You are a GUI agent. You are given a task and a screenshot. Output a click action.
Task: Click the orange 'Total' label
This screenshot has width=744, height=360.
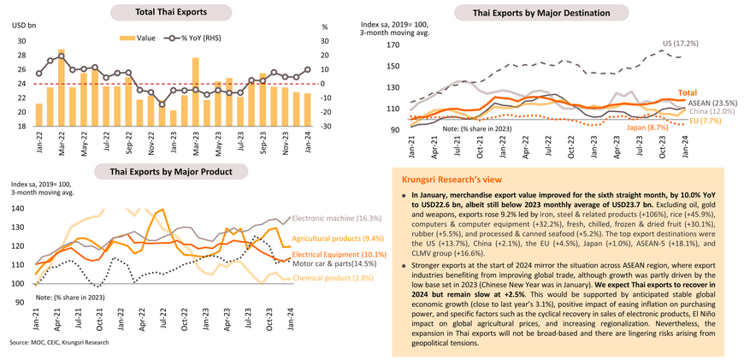coord(688,91)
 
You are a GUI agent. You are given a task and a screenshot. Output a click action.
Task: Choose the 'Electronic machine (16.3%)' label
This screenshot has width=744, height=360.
coord(335,219)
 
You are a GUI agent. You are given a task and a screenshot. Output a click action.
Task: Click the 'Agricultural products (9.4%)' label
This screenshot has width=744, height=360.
coord(330,239)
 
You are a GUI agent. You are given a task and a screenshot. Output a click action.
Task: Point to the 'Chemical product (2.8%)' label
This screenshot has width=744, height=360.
coord(331,279)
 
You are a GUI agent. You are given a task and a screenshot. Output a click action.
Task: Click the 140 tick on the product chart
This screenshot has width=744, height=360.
coord(17,208)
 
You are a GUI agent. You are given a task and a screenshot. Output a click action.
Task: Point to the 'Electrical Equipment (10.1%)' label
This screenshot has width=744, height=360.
coord(332,255)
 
